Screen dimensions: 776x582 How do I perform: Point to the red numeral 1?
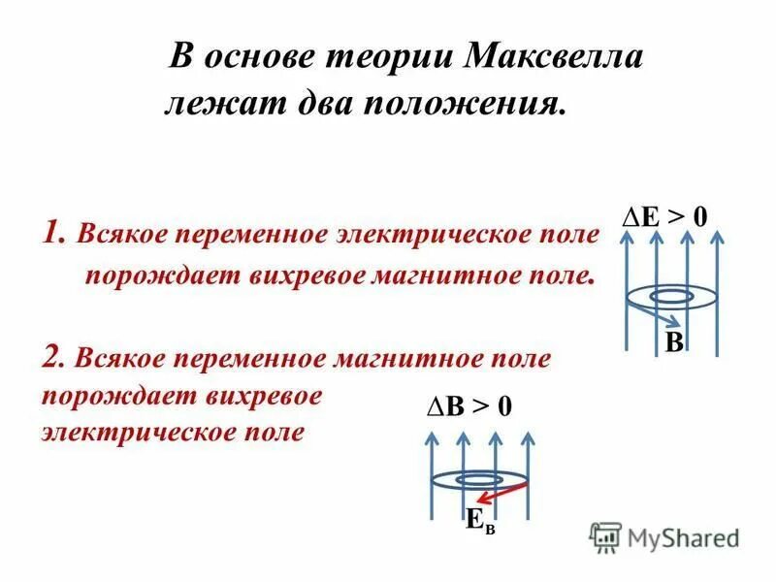coord(54,234)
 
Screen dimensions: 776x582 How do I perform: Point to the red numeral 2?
coord(54,357)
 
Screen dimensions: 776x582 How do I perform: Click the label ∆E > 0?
coord(664,216)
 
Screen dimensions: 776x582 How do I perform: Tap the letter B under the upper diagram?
coord(674,341)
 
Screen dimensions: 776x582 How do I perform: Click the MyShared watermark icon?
coord(605,536)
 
